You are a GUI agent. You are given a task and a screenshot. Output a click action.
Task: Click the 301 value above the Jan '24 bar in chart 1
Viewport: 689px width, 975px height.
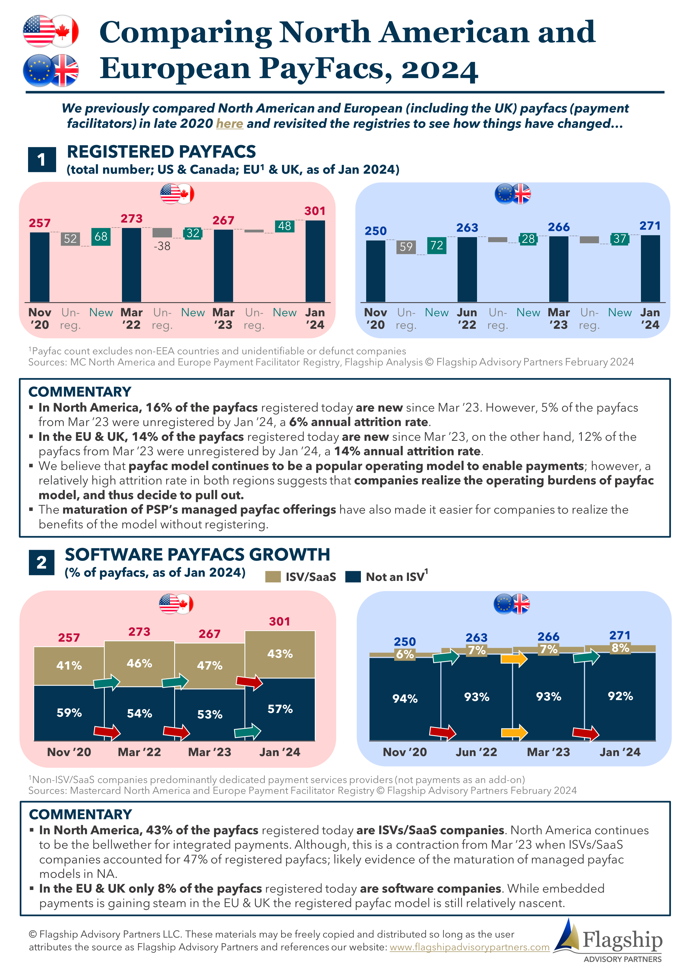[314, 211]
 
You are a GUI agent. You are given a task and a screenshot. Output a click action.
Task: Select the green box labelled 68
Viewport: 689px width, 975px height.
[101, 237]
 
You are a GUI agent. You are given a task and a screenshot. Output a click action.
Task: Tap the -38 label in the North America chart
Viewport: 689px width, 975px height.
[162, 246]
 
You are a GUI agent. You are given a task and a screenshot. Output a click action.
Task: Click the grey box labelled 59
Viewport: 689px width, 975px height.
[406, 247]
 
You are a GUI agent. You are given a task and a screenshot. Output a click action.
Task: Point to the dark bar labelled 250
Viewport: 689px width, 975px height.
[376, 271]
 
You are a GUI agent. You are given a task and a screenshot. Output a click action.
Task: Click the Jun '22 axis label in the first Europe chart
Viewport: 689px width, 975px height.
[467, 319]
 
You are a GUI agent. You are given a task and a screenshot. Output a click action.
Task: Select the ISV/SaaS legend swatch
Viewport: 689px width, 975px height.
[273, 577]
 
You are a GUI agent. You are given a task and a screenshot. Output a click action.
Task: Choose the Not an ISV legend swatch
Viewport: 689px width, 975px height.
[353, 577]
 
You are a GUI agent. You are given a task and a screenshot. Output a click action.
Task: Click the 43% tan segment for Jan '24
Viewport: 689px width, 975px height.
[280, 654]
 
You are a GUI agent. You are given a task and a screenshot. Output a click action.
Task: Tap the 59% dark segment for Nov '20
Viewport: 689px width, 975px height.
[69, 713]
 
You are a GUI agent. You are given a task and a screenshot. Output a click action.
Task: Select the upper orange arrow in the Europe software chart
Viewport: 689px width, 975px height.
[514, 659]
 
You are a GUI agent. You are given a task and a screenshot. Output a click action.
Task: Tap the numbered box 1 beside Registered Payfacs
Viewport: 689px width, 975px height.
[42, 160]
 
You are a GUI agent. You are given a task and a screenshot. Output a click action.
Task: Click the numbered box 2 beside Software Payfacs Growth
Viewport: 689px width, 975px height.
[42, 563]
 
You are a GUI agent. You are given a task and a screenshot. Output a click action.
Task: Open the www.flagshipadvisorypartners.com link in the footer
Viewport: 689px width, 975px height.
[469, 947]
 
